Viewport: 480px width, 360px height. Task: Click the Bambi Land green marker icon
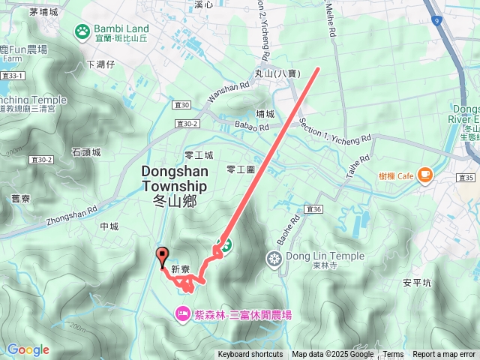(81, 31)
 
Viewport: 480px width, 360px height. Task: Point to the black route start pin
(161, 257)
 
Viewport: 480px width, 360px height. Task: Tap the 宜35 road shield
(465, 178)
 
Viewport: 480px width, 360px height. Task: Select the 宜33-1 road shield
(13, 75)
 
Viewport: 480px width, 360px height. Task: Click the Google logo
(28, 349)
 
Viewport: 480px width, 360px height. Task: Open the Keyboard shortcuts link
(250, 355)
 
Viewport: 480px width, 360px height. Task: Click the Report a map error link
(444, 355)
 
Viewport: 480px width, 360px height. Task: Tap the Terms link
(393, 355)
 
